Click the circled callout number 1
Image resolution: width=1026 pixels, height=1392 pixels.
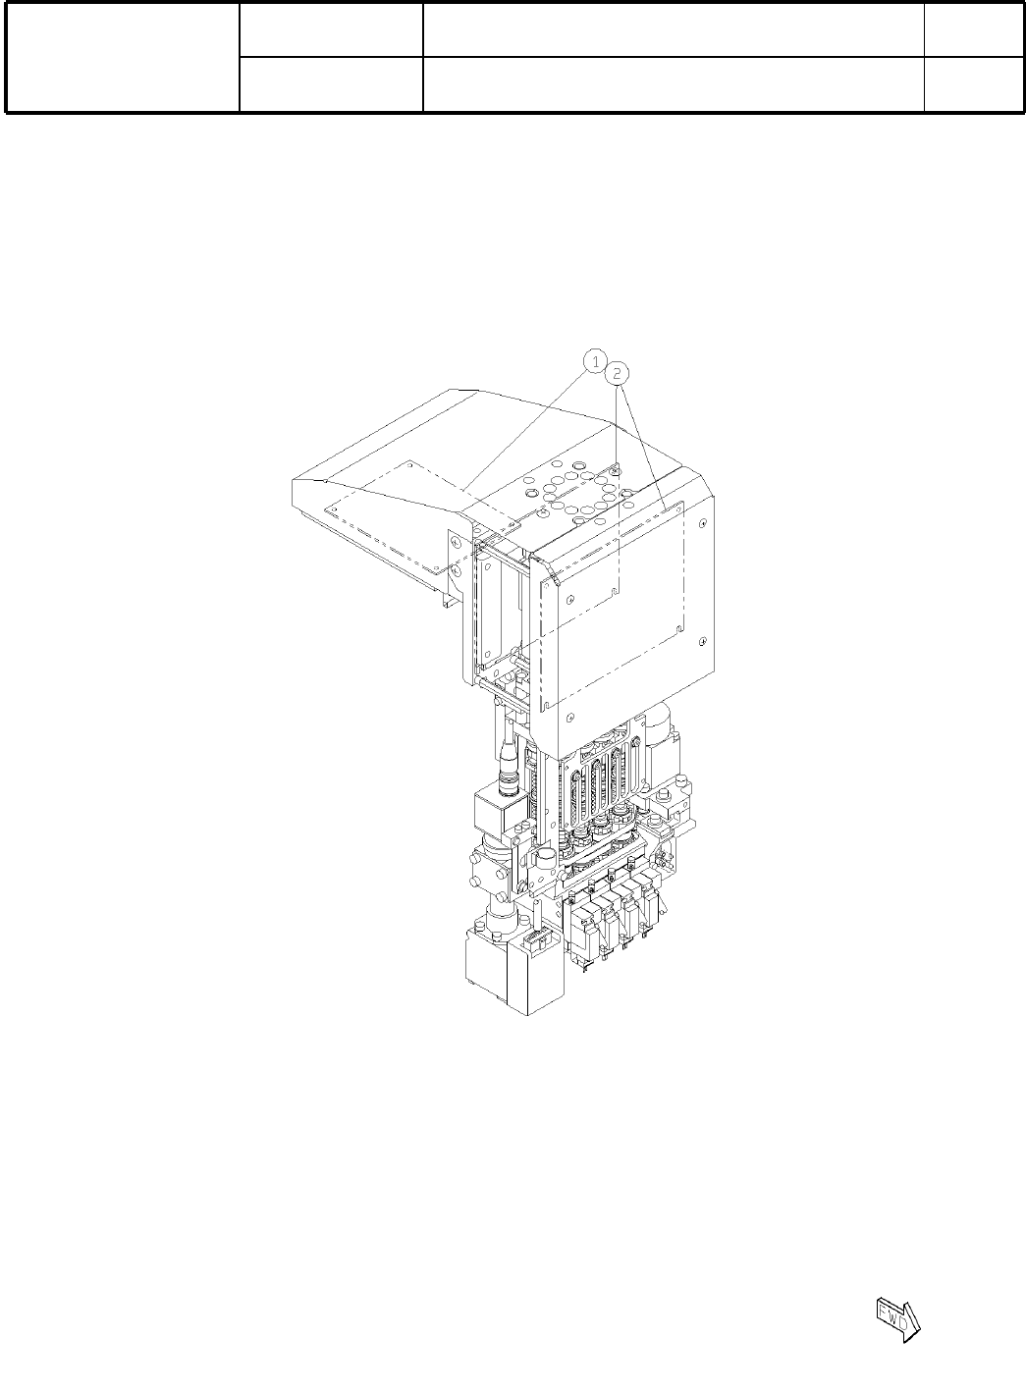595,361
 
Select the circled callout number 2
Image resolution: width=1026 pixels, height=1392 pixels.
617,373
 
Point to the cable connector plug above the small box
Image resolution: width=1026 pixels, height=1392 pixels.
508,775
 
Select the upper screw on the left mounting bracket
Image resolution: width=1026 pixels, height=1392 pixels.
457,543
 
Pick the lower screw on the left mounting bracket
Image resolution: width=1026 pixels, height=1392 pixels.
457,570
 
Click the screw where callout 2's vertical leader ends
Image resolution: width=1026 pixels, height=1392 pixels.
616,472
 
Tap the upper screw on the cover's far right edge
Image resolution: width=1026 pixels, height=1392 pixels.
702,522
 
